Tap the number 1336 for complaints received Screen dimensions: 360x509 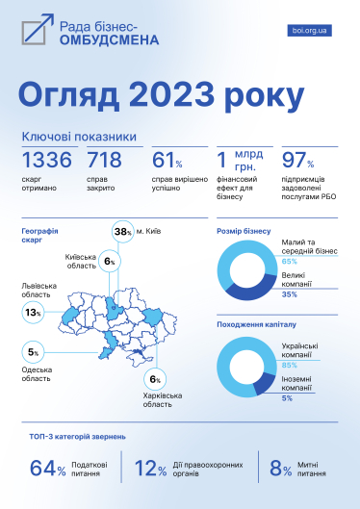[x=46, y=161]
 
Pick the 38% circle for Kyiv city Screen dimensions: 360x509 [x=122, y=232]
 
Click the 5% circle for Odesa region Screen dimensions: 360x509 [x=33, y=352]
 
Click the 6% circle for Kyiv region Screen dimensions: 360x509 [x=109, y=262]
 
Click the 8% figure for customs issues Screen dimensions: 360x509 [x=281, y=469]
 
